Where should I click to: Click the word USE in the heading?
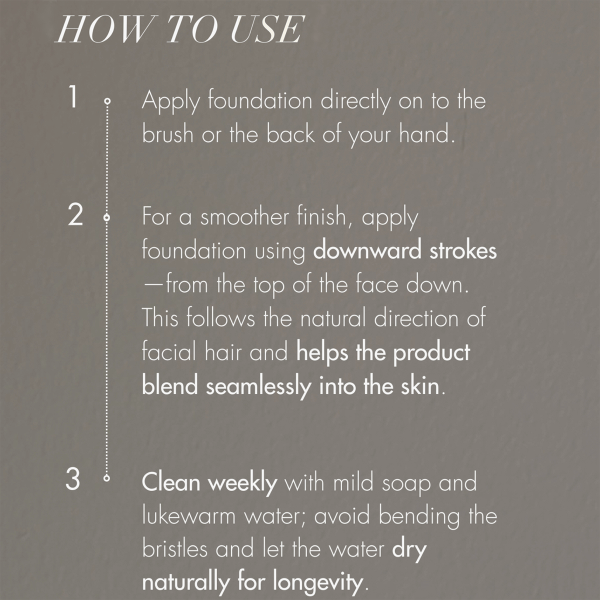pos(266,29)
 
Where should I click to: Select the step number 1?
pos(73,97)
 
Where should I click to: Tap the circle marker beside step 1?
pos(107,101)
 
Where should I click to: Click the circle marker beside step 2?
pos(106,217)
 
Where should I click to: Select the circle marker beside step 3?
pos(106,478)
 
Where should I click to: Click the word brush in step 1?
pos(167,134)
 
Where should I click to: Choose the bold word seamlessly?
pos(258,386)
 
